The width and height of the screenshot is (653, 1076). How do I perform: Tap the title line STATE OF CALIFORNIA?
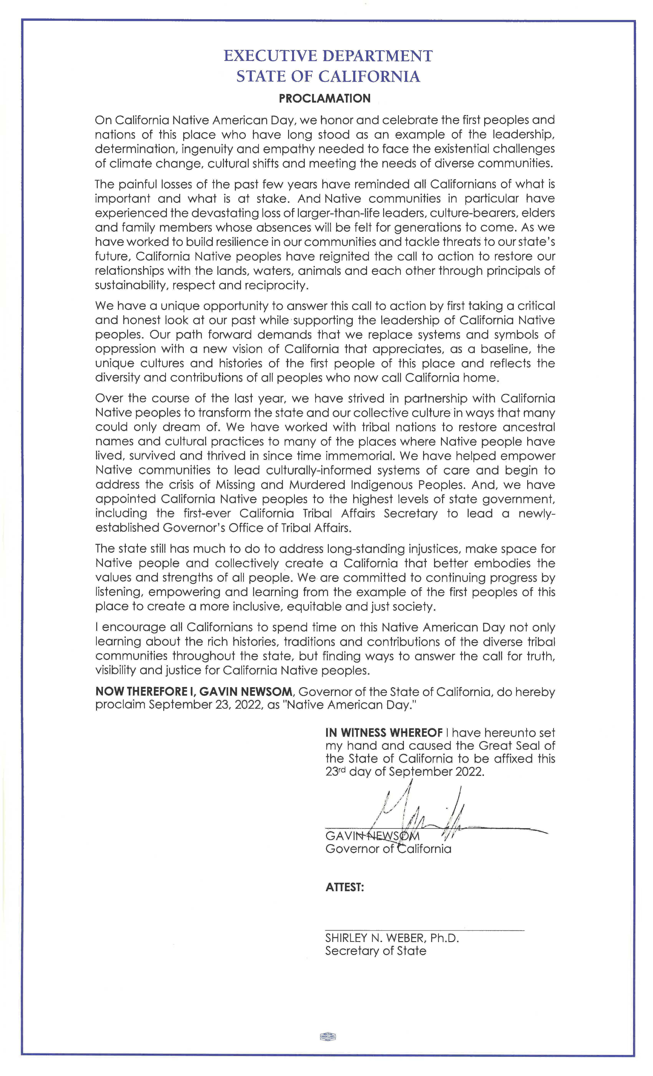pyautogui.click(x=328, y=77)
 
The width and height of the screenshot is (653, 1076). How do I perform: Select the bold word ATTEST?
pyautogui.click(x=344, y=887)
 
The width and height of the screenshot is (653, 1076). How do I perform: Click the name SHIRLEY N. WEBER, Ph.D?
pyautogui.click(x=392, y=938)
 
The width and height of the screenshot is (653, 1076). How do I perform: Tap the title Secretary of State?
pyautogui.click(x=375, y=951)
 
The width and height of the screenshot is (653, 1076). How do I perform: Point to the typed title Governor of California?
pyautogui.click(x=388, y=849)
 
